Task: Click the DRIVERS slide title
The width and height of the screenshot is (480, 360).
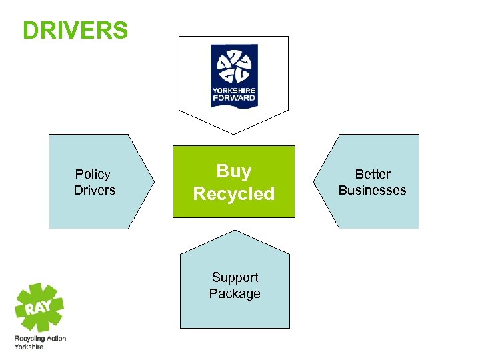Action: click(x=75, y=31)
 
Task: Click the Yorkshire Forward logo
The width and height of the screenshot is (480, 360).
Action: click(x=234, y=75)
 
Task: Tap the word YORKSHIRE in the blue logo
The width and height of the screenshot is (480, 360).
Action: click(x=234, y=91)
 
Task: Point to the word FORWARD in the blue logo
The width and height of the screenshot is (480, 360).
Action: click(x=234, y=98)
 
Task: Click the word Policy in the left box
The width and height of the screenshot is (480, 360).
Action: click(x=93, y=175)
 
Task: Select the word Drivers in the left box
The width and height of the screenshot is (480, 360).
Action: click(x=95, y=191)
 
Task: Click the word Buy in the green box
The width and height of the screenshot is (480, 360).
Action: click(x=234, y=171)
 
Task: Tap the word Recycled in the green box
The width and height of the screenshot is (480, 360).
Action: click(x=234, y=194)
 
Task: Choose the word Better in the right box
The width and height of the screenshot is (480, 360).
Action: click(x=373, y=175)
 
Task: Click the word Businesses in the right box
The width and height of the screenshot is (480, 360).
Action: click(x=372, y=191)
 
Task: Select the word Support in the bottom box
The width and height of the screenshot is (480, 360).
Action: click(x=235, y=277)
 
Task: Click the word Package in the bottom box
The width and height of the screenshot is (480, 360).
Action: click(x=235, y=294)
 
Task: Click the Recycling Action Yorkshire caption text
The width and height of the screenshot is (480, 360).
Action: click(x=40, y=343)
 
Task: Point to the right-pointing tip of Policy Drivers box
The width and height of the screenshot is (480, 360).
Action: click(x=153, y=181)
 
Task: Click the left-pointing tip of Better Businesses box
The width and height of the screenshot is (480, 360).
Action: click(x=315, y=181)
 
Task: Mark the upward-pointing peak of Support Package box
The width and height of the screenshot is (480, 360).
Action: click(x=235, y=231)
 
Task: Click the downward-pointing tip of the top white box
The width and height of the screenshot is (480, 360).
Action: click(x=234, y=132)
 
